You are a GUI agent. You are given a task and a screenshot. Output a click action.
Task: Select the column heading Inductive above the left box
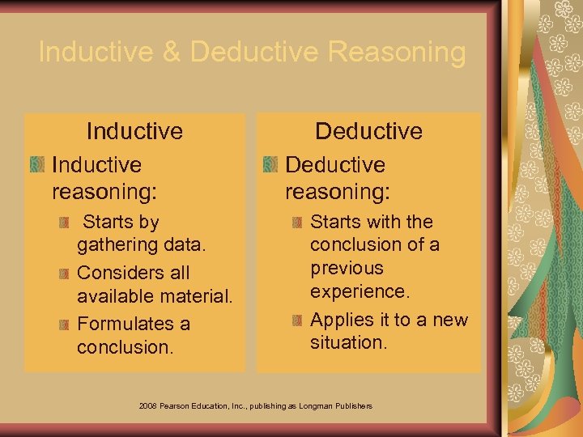pyautogui.click(x=134, y=130)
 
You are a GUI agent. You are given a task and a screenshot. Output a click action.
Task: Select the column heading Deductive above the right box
pyautogui.click(x=368, y=130)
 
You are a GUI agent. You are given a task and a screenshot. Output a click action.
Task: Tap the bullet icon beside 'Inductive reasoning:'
pyautogui.click(x=36, y=165)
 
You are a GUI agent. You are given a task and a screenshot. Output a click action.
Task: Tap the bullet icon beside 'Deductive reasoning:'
pyautogui.click(x=270, y=165)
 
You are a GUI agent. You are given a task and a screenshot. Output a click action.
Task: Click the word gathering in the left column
pyautogui.click(x=116, y=244)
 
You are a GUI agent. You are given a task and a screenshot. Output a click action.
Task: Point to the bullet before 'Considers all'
pyautogui.click(x=62, y=273)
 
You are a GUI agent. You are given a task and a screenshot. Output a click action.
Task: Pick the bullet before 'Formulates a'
pyautogui.click(x=62, y=325)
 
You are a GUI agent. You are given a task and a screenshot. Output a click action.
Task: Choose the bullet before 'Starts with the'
pyautogui.click(x=296, y=222)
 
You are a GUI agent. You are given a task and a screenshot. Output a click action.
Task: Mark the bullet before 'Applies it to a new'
pyautogui.click(x=296, y=320)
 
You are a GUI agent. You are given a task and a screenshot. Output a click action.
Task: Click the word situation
pyautogui.click(x=347, y=342)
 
